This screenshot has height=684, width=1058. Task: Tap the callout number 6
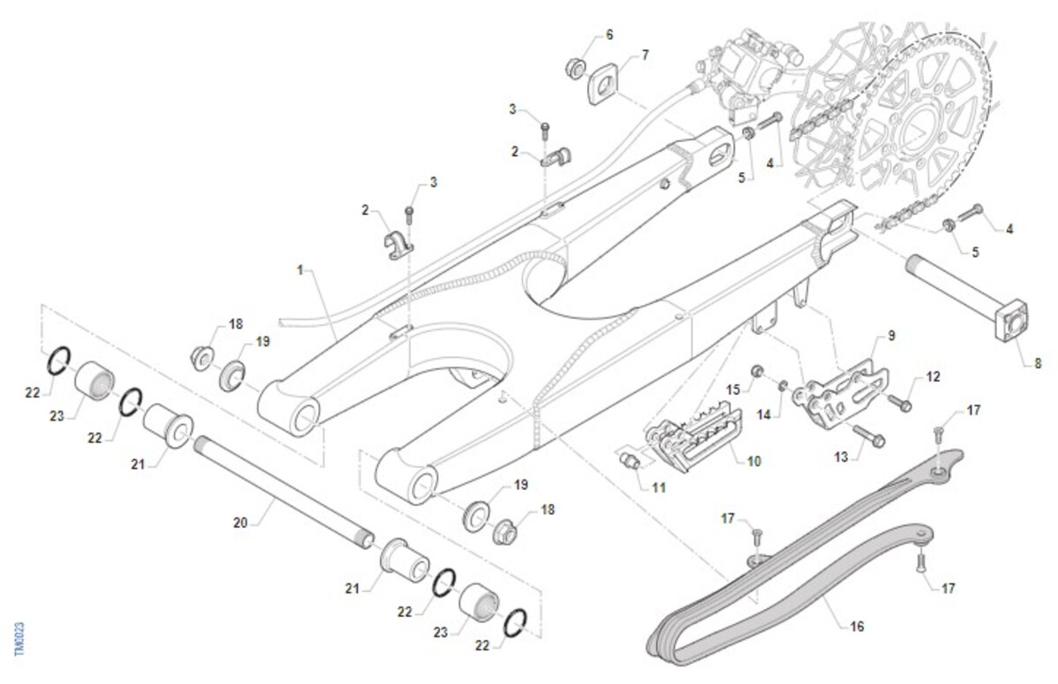[x=608, y=35]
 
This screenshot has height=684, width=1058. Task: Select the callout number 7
[x=644, y=55]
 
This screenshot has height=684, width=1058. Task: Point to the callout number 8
[x=1037, y=361]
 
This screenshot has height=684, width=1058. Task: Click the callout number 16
[x=856, y=627]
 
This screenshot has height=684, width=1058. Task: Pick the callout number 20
[x=241, y=523]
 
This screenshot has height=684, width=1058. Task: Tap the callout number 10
[x=754, y=461]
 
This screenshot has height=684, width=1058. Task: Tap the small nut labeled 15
[x=756, y=370]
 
